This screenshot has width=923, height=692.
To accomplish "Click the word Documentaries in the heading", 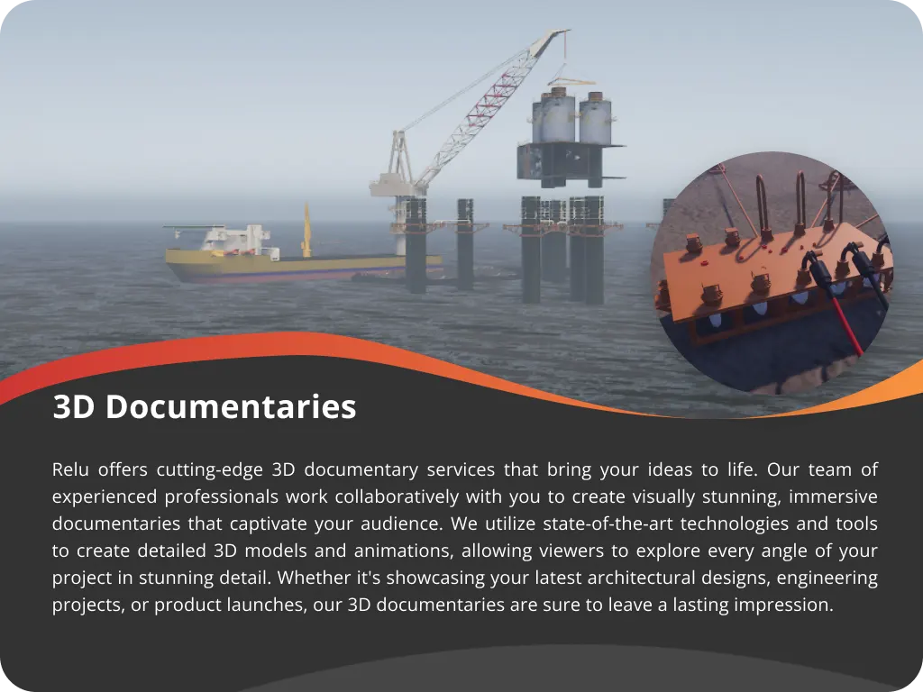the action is [x=231, y=406].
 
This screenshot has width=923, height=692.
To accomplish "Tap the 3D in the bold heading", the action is [x=74, y=406].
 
